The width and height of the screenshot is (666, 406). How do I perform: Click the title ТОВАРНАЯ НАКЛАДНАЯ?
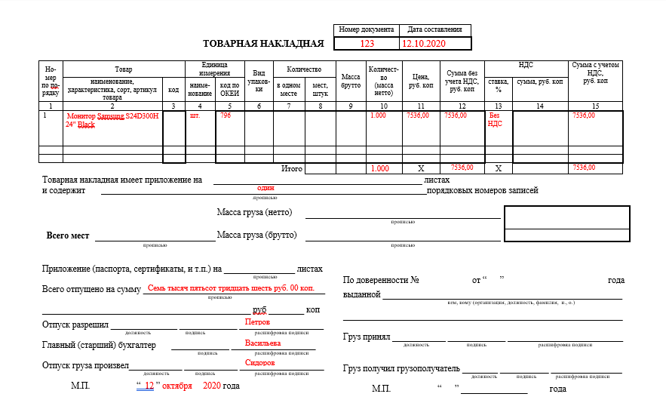(263, 44)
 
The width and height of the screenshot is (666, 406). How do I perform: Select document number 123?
(367, 44)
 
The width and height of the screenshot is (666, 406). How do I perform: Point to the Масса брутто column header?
(351, 81)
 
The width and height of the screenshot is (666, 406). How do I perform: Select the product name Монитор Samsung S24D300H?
(112, 116)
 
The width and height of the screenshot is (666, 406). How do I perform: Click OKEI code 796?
(226, 116)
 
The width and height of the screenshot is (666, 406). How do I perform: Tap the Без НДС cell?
(496, 120)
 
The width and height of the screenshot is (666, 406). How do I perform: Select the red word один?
(265, 188)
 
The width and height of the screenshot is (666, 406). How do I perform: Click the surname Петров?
(257, 321)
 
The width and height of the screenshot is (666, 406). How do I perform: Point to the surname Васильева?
(262, 343)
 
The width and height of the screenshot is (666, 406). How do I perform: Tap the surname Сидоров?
(259, 363)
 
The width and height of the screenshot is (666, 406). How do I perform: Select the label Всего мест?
(68, 235)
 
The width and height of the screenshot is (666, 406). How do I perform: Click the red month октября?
(177, 386)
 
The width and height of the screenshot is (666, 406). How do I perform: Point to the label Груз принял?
(366, 337)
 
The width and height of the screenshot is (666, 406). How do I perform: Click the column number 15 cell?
(595, 106)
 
